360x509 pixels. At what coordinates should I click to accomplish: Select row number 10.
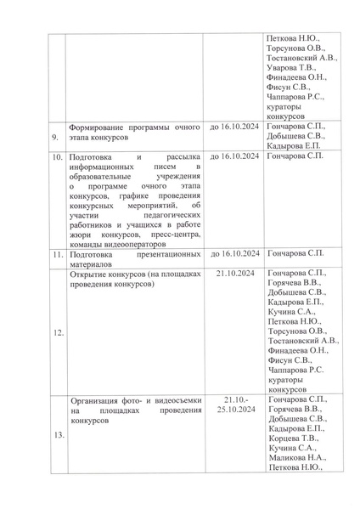(54, 157)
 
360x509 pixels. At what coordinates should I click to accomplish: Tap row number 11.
(54, 254)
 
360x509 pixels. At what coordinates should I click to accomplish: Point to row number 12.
(54, 333)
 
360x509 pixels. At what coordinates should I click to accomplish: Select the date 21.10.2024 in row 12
(234, 274)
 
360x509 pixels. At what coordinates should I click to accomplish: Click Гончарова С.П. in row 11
(295, 254)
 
